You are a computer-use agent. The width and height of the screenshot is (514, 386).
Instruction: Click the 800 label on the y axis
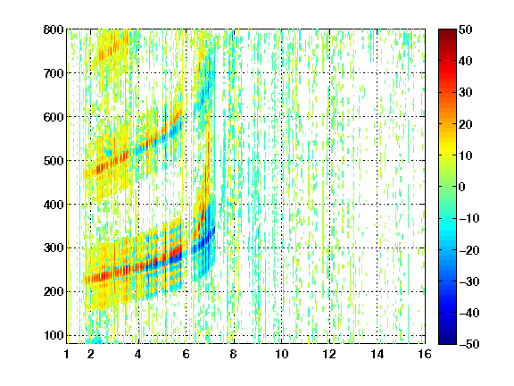click(x=54, y=29)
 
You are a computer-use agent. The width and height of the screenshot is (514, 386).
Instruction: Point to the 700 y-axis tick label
click(x=54, y=73)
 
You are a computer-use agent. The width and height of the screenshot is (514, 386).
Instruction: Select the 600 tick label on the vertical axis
click(x=54, y=117)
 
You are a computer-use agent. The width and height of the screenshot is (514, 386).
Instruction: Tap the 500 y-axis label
click(x=54, y=161)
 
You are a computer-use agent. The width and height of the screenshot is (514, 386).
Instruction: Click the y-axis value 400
click(x=54, y=205)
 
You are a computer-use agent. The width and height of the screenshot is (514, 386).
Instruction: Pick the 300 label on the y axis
click(x=54, y=248)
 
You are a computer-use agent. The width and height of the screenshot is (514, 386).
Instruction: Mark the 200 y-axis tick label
click(x=54, y=291)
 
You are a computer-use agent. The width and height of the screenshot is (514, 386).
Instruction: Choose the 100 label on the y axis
click(x=54, y=335)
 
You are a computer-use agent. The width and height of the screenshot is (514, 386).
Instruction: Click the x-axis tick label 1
click(x=67, y=354)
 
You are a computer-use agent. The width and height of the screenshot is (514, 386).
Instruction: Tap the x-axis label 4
click(x=138, y=354)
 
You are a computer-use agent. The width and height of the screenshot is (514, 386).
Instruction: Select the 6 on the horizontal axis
click(x=186, y=354)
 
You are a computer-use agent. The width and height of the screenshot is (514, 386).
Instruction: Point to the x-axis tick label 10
click(x=281, y=354)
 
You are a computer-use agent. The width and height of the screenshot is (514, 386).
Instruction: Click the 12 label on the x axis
click(x=329, y=354)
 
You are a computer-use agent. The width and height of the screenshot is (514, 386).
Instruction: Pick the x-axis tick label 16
click(x=425, y=354)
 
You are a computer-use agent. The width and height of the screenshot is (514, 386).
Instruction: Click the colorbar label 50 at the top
click(x=466, y=29)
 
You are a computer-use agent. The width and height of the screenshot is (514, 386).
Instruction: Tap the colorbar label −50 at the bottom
click(x=469, y=344)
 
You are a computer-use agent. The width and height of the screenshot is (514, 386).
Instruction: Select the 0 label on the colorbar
click(x=462, y=187)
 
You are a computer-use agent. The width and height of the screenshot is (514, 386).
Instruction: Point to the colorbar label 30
click(x=466, y=92)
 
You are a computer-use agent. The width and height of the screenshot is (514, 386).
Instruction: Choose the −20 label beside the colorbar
click(x=469, y=250)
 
